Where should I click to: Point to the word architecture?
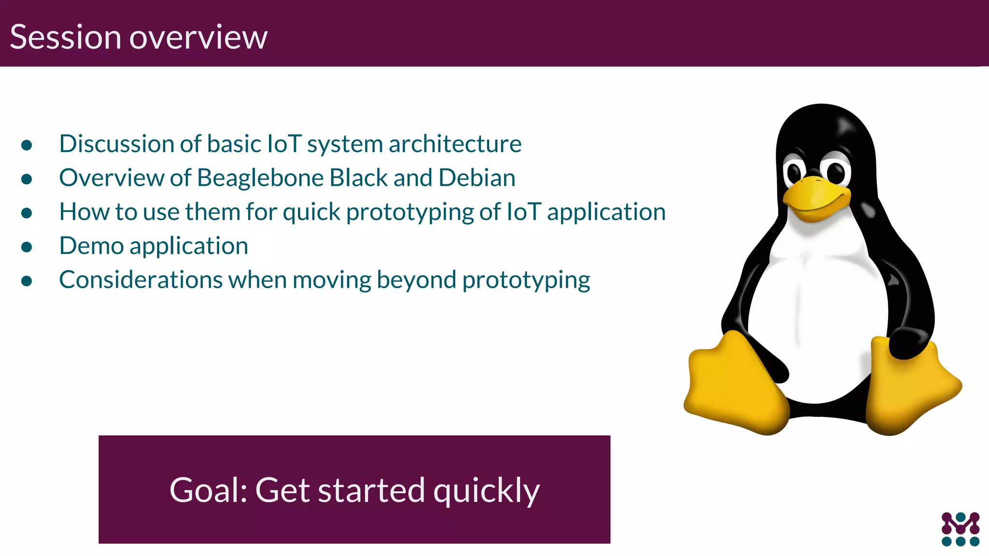click(x=455, y=144)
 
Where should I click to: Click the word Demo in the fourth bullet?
click(x=91, y=246)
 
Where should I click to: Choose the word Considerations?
click(x=141, y=280)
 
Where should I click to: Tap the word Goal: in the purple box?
click(x=208, y=490)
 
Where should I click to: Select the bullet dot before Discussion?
click(x=27, y=145)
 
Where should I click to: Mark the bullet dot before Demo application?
click(x=27, y=247)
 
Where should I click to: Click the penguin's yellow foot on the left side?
click(x=734, y=384)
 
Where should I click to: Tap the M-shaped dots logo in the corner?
click(x=960, y=529)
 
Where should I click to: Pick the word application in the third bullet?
click(x=606, y=212)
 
